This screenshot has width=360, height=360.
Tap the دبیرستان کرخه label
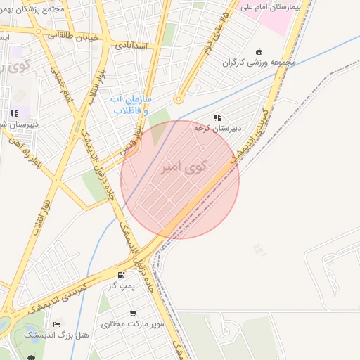[x=218, y=129]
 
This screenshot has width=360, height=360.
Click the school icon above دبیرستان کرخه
[x=218, y=117]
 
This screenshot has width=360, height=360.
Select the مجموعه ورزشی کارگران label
[x=259, y=62]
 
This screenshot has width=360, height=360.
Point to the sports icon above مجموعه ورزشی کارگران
[x=259, y=51]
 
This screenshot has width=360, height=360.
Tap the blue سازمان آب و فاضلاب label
[x=130, y=105]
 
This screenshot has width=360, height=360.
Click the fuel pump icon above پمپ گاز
[x=122, y=275]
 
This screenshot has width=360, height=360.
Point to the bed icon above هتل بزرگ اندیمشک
[x=56, y=324]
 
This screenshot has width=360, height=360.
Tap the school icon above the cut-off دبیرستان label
[x=14, y=113]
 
